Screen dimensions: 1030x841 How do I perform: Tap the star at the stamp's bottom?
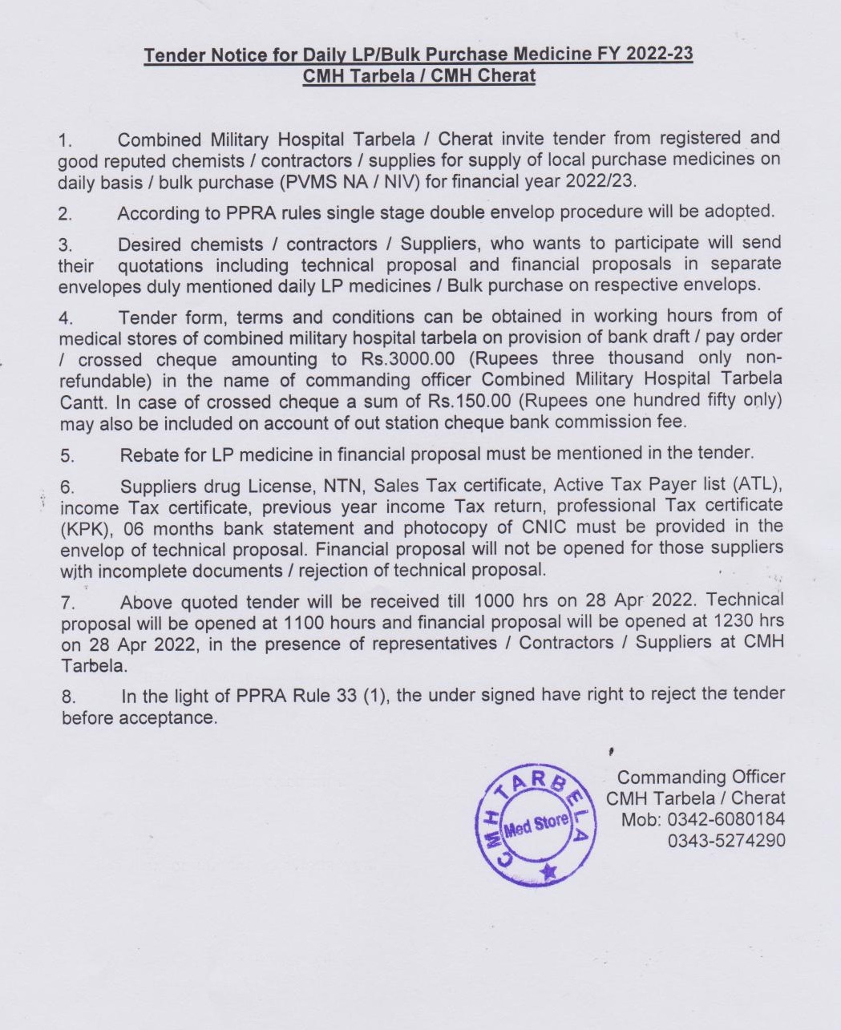point(548,871)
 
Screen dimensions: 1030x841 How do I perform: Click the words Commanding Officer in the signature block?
point(701,777)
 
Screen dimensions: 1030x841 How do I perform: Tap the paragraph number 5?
point(67,456)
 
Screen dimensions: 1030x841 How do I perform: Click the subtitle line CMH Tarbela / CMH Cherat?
point(418,76)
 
